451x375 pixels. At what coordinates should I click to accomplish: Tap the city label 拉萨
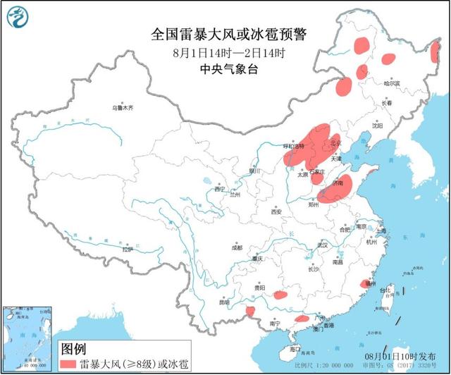coord(127,249)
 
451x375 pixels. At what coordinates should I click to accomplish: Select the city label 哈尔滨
coord(391,83)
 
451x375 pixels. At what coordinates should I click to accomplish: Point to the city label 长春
coord(386,103)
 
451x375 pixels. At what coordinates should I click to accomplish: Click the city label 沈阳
coord(378,127)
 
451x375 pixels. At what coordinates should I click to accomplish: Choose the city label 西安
coord(276,211)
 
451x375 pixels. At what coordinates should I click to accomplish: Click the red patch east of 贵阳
coord(280,295)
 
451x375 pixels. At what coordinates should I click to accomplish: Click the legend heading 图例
coord(73,349)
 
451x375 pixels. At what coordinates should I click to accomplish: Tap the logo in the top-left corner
coord(17,16)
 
